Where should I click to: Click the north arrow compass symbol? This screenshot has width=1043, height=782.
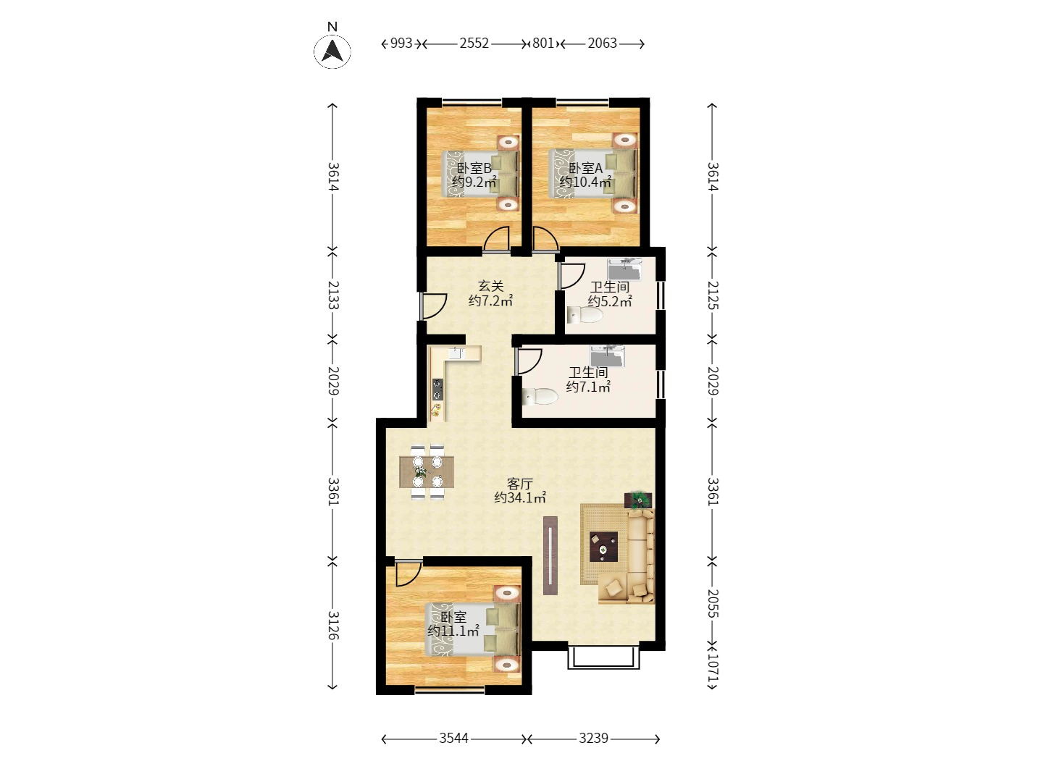tap(332, 51)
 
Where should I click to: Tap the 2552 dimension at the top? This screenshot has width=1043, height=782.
tap(474, 43)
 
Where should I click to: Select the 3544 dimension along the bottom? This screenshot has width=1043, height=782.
tap(453, 739)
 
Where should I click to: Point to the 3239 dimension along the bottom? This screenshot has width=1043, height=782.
tap(593, 739)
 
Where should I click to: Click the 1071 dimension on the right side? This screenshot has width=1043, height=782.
tap(712, 664)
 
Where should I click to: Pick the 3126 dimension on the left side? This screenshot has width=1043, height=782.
tap(333, 625)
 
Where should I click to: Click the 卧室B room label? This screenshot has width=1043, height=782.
tap(474, 168)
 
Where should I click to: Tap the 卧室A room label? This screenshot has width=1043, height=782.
tap(585, 168)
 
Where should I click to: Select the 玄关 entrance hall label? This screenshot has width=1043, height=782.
tap(490, 287)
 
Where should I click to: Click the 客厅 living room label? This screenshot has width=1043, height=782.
tap(520, 483)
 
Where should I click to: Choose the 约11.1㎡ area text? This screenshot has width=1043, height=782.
tap(453, 631)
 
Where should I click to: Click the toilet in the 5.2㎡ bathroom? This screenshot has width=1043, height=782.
tap(585, 315)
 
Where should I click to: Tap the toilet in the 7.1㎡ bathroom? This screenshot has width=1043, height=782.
tap(540, 396)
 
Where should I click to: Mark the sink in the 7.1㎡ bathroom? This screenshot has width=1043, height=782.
tap(606, 356)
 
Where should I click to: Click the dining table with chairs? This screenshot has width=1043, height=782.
tap(427, 471)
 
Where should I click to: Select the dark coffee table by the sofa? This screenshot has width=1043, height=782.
tap(603, 547)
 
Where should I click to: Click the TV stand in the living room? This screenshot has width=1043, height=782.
tap(550, 555)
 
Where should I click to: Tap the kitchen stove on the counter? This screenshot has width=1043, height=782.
tap(437, 390)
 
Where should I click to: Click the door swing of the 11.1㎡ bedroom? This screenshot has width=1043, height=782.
tap(407, 573)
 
